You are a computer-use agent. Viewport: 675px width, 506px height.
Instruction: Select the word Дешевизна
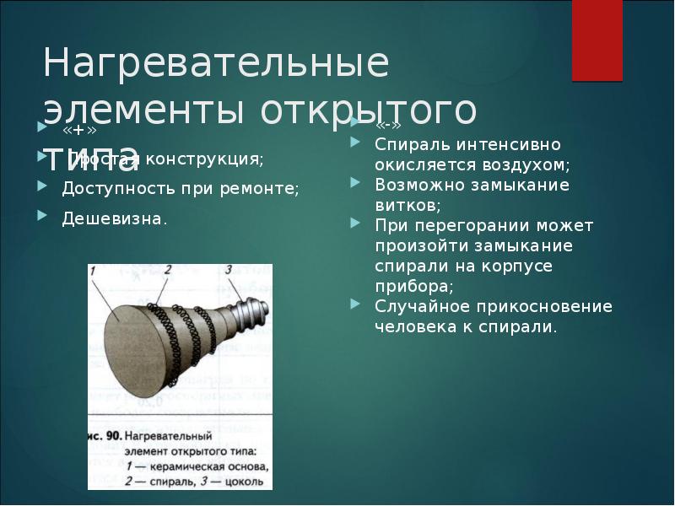114,218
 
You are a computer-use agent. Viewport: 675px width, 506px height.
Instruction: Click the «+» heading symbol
75,134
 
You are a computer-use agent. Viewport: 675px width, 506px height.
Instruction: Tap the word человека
416,326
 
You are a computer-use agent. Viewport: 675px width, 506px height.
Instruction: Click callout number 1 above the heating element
94,271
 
